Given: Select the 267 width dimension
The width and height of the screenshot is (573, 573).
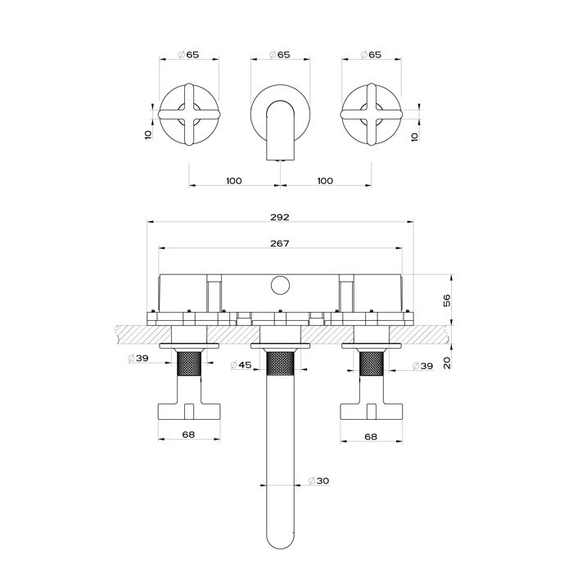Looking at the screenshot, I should pos(280,243).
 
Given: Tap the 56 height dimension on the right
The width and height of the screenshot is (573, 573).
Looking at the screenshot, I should pos(447,300).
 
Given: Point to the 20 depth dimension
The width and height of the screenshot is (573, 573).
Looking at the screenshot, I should pos(447,363).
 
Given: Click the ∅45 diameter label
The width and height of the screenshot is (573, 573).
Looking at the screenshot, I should pos(241,365).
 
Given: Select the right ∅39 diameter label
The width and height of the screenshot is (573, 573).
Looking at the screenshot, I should pos(422,365).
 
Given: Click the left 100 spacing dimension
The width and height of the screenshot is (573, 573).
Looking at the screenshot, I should pos(234,181).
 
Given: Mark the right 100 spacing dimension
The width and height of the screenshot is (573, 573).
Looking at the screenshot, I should pos(324,181).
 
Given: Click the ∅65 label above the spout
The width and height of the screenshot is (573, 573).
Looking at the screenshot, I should pos(280,55).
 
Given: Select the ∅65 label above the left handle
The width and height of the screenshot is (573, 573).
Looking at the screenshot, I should pos(189,55).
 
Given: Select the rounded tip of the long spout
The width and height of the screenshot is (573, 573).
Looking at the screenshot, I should pos(280,541).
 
